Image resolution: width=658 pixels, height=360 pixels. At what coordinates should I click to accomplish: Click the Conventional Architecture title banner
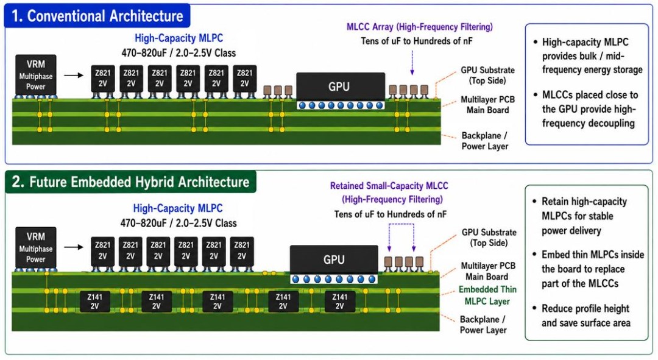click(97, 16)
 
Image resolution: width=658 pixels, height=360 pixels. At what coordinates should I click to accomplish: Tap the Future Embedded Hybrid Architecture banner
click(130, 182)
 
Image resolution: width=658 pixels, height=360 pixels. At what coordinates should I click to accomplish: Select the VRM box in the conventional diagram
click(36, 75)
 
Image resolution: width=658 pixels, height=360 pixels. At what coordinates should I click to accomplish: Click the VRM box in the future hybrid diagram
click(36, 247)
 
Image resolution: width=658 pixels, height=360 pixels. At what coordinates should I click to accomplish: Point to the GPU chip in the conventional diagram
click(341, 86)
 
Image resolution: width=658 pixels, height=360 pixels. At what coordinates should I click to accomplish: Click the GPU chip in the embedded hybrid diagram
click(334, 259)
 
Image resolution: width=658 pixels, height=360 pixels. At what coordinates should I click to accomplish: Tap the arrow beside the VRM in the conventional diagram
click(74, 76)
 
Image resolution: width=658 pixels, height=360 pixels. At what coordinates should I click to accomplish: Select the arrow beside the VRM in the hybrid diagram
click(74, 247)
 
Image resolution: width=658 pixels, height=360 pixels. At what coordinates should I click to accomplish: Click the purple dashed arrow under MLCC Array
click(412, 63)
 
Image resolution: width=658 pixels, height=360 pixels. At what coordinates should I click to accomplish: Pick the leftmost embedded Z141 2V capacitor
click(95, 302)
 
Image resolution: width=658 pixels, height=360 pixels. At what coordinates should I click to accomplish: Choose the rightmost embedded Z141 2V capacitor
click(340, 302)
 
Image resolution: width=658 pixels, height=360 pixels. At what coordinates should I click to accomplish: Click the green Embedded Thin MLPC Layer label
click(487, 295)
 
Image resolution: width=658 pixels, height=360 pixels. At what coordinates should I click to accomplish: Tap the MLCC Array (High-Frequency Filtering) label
click(420, 27)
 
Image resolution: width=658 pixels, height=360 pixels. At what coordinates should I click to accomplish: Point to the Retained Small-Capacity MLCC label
click(389, 186)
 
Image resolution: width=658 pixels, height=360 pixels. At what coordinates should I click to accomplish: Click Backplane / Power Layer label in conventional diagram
click(485, 141)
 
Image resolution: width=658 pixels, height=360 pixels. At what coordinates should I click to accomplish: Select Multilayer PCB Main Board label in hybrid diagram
click(487, 271)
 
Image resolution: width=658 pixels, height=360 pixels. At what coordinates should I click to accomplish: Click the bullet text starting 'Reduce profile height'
click(586, 316)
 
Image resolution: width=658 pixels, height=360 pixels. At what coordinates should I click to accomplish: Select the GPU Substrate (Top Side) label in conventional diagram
click(487, 75)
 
